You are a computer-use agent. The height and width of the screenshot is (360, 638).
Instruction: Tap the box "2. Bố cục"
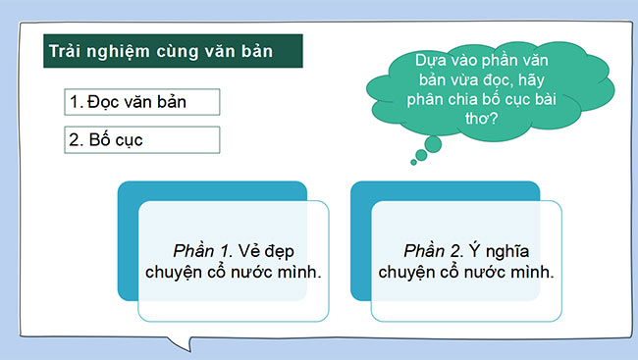144,139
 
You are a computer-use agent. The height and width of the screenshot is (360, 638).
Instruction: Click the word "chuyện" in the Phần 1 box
177,271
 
